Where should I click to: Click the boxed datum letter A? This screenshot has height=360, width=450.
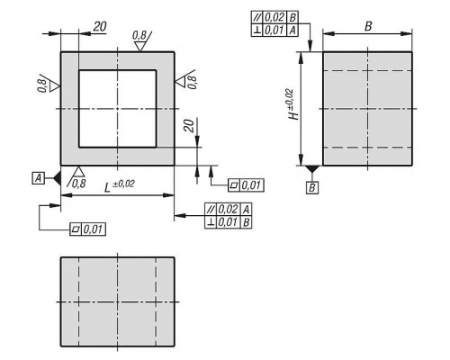click(x=38, y=178)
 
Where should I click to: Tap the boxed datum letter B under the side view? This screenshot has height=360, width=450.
click(x=312, y=188)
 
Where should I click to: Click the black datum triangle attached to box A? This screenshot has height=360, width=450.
click(x=58, y=178)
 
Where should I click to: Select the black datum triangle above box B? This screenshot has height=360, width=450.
click(x=311, y=168)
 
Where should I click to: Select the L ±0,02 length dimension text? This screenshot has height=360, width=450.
click(x=119, y=185)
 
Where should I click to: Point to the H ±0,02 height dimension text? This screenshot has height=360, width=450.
click(x=293, y=104)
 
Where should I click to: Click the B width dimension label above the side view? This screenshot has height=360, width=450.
click(x=368, y=26)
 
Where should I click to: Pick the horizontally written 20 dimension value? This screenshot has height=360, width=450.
click(x=100, y=27)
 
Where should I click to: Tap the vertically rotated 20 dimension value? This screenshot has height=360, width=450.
click(x=189, y=126)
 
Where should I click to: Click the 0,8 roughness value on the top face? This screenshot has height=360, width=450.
click(x=139, y=36)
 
